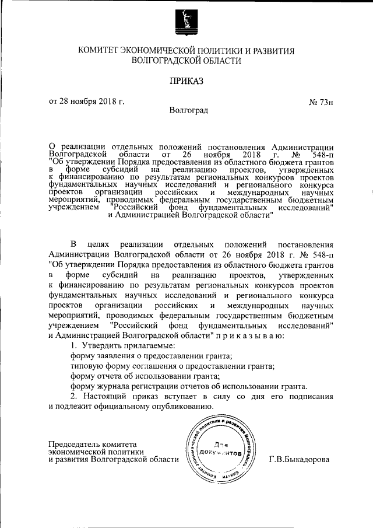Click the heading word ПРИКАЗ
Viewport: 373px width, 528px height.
186,81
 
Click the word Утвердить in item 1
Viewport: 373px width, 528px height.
100,347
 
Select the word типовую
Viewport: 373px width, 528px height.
87,366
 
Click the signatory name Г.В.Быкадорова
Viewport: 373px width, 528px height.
299,460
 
